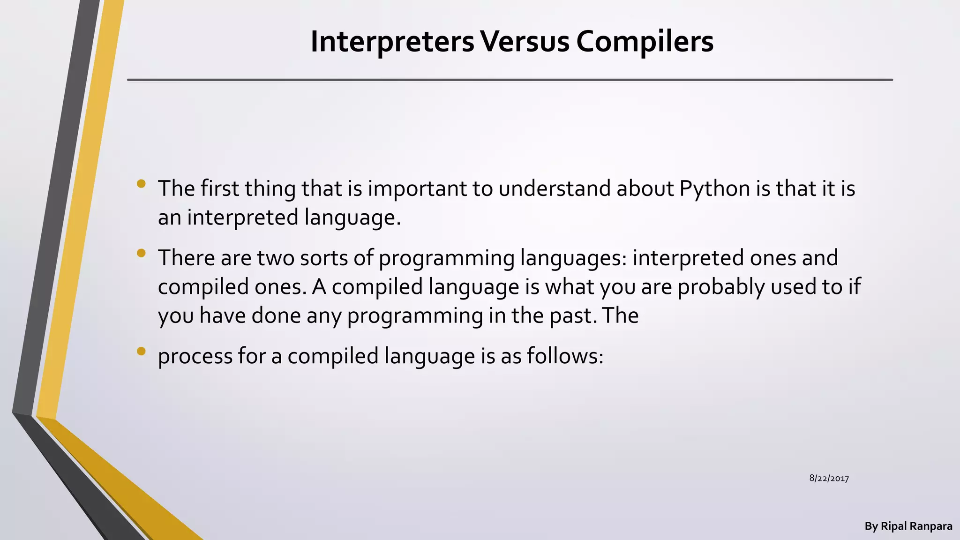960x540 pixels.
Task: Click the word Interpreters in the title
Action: [x=392, y=42]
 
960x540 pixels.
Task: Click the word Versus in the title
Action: [x=525, y=42]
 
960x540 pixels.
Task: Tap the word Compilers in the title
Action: [x=645, y=42]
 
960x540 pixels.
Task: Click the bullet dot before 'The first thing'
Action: [x=141, y=184]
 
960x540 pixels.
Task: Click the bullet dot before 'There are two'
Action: [x=141, y=254]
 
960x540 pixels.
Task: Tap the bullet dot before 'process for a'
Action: [x=141, y=352]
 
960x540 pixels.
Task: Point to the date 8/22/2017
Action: [x=829, y=479]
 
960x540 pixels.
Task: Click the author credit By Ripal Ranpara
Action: [x=908, y=526]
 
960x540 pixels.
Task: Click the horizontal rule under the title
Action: [x=510, y=80]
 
